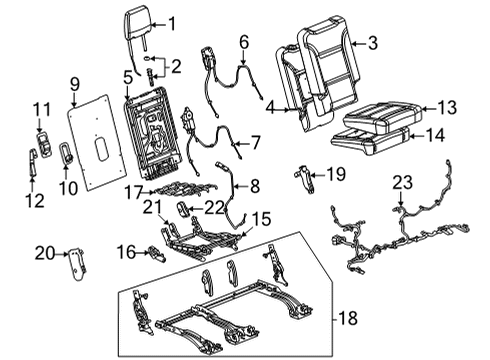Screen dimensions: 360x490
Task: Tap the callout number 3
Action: pos(372,42)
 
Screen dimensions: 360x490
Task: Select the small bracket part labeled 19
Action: pos(304,177)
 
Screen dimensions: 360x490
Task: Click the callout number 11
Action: pos(39,108)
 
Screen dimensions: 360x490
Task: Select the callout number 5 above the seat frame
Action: pos(127,77)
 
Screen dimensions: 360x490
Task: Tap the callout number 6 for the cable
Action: pos(242,42)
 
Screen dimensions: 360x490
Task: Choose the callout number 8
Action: pos(253,185)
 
